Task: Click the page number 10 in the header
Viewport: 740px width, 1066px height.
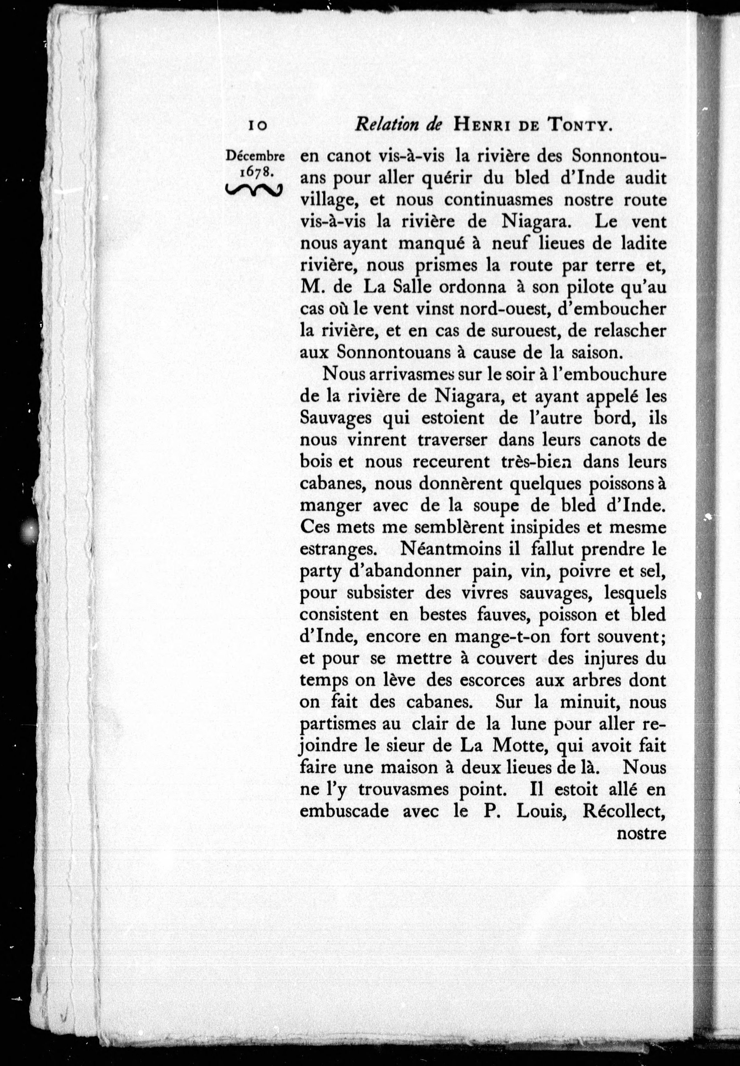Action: (x=258, y=125)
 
